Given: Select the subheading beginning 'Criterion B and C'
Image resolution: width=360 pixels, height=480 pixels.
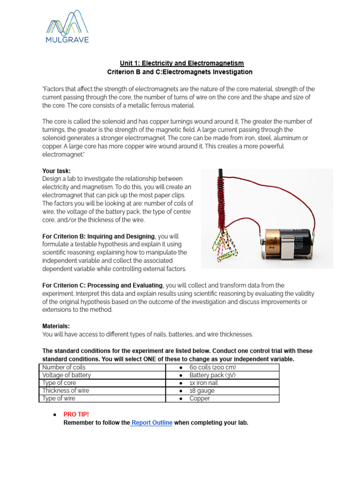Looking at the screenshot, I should (180, 72).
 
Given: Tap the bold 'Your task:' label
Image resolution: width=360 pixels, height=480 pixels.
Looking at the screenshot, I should (57, 171).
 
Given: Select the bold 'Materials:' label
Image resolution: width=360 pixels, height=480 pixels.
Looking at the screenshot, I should (56, 326).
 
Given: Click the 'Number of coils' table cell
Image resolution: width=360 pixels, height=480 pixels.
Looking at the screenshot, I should (64, 367).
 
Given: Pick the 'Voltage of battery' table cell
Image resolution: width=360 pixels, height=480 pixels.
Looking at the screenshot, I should (67, 375).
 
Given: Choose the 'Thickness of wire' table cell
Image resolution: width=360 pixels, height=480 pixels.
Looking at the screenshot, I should (66, 390).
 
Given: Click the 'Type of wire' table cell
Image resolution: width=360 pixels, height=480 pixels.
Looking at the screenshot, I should (59, 398).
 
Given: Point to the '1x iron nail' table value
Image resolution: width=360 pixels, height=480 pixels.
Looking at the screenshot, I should (203, 383).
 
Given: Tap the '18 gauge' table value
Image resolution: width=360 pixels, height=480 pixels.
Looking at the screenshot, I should (202, 390).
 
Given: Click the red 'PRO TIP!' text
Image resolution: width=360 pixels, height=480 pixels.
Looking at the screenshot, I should (76, 415).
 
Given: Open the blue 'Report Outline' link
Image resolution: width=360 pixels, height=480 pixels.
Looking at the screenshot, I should (152, 423).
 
